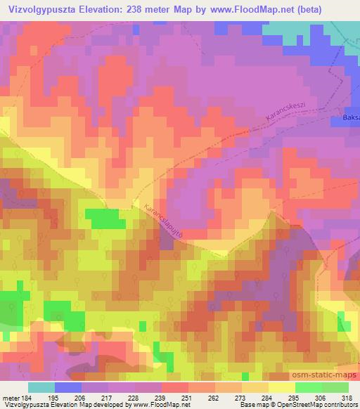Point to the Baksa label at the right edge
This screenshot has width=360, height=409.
pos(351,117)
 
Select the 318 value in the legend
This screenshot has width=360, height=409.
pos(347,398)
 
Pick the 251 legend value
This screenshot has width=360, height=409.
pos(175,398)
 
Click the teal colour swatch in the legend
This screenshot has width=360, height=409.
pos(41,387)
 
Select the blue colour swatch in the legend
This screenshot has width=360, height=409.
pos(68,387)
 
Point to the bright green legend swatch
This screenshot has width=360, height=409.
pos(308,387)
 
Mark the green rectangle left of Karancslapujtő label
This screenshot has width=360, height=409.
pos(102,219)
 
